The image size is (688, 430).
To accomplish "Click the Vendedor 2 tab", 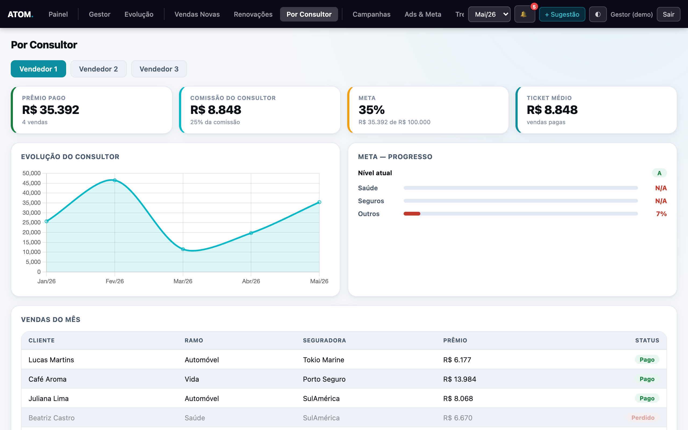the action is [x=98, y=69].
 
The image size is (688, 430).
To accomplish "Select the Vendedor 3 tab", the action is [x=159, y=69].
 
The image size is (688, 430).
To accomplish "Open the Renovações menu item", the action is [x=253, y=14].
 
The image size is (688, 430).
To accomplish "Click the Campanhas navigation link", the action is [x=371, y=14].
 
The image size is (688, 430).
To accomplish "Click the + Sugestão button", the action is [x=562, y=14].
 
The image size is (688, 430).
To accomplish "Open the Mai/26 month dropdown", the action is [x=489, y=14].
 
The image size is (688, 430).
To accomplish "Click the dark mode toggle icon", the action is [x=598, y=14].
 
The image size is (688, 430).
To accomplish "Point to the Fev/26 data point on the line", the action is [x=114, y=180].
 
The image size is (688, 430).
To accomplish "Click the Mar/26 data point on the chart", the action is [x=183, y=249].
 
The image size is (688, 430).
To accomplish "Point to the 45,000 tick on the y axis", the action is [x=31, y=183].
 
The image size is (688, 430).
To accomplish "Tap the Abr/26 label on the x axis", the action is [x=251, y=281].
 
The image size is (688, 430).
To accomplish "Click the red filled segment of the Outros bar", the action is [x=412, y=214].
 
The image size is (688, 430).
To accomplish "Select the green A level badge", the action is [x=659, y=173].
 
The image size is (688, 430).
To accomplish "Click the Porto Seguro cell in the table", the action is [x=324, y=379].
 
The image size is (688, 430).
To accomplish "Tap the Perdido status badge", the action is [x=643, y=418].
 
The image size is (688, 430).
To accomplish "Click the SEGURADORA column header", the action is [x=324, y=341].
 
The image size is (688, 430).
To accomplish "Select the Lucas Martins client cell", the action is [x=51, y=360].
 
